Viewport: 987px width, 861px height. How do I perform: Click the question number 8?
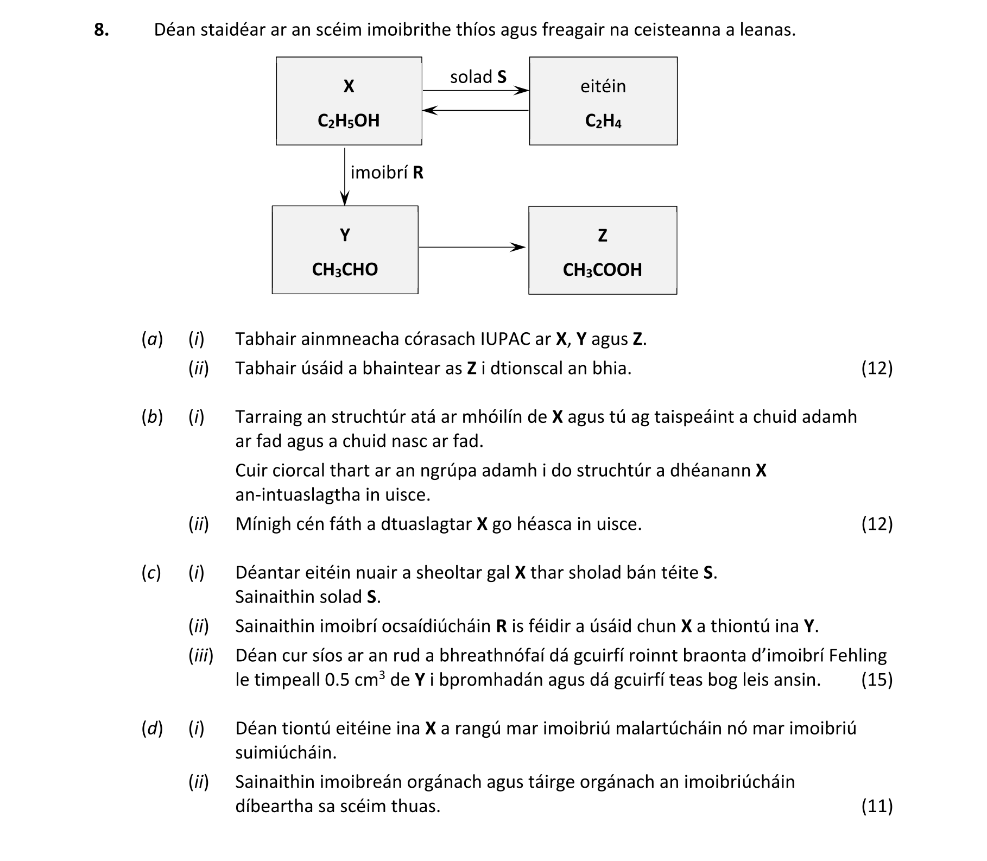101,30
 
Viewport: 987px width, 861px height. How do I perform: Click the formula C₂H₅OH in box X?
349,121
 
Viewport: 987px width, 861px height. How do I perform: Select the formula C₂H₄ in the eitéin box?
603,121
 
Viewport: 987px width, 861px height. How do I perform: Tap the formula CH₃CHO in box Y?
345,269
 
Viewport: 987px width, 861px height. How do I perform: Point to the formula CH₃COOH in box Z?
602,270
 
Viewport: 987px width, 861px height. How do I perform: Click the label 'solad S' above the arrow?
478,77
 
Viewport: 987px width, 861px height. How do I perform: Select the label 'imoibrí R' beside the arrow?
387,173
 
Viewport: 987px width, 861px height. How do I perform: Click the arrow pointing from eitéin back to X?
476,111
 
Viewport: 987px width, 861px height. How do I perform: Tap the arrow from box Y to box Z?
472,248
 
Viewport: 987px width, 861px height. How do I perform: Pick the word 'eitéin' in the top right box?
603,86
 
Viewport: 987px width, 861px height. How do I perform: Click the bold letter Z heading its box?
602,236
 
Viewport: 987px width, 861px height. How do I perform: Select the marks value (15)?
876,680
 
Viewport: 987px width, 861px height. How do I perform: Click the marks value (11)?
876,806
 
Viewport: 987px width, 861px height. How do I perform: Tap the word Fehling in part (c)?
857,656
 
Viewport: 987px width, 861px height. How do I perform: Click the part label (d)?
151,729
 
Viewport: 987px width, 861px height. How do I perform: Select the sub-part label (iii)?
200,656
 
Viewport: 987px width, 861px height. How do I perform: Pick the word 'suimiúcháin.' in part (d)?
286,753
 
